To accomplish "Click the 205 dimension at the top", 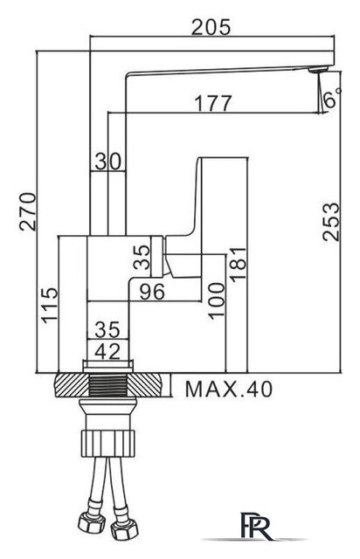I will coord(211,27).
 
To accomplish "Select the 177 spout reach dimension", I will coord(212,104).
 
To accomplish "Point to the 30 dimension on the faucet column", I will coord(107,162).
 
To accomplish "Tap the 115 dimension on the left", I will coord(50,306).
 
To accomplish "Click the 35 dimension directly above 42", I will coord(107,330).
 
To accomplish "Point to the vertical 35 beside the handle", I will coord(146,257).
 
